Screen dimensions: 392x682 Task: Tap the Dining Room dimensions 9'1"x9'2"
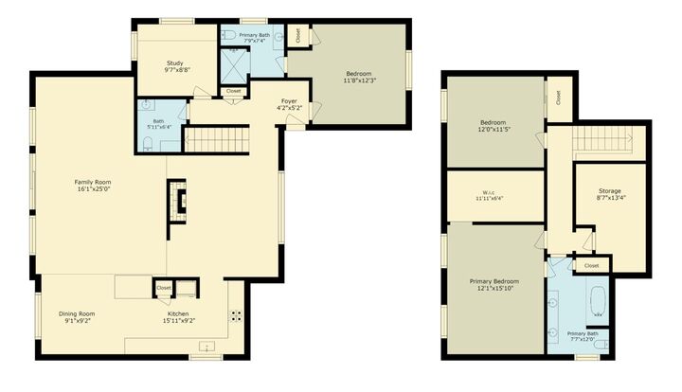pos(80,321)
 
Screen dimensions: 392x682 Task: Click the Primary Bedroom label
pos(494,281)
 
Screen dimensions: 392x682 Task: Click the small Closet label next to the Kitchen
pos(163,287)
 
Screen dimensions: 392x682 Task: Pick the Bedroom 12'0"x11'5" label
pos(493,122)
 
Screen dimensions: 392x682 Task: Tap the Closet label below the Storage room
pos(592,266)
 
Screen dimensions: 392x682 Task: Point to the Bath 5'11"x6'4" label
pos(158,121)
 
